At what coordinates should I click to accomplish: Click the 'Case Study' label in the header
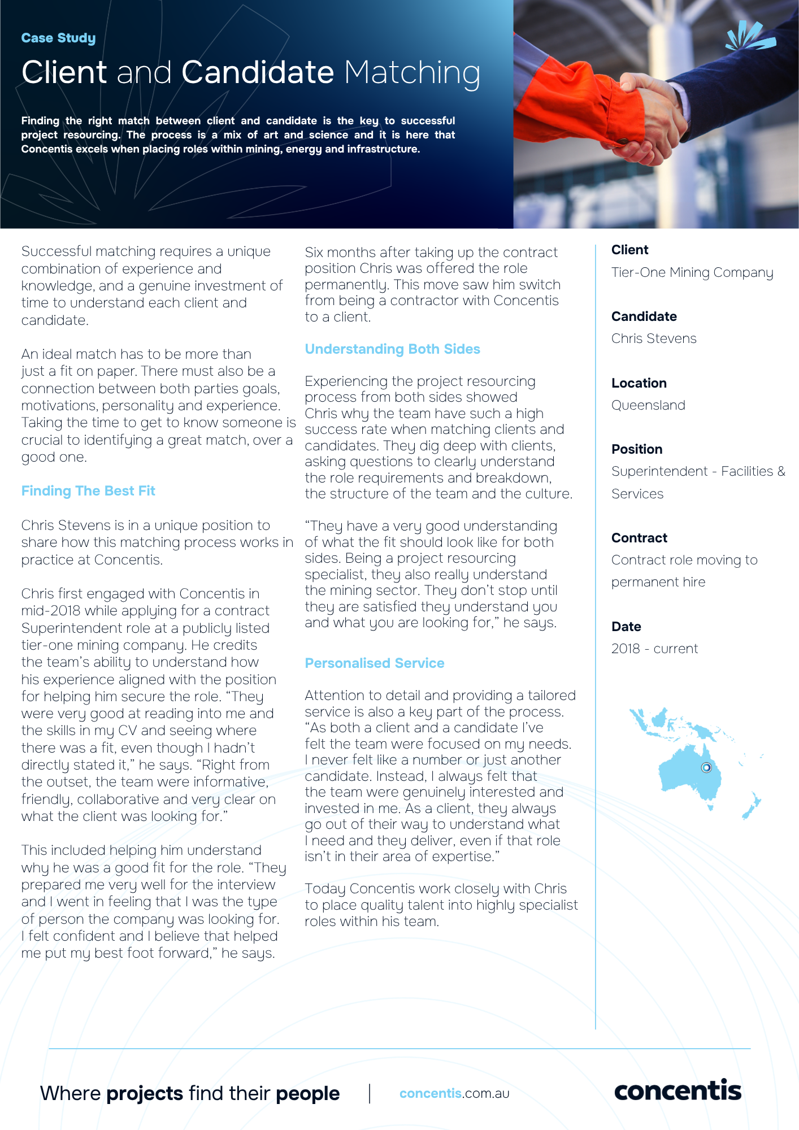click(58, 38)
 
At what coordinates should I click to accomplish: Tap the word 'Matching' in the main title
click(412, 73)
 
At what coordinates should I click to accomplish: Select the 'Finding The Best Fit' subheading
click(88, 491)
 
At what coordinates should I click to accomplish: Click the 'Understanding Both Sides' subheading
click(392, 349)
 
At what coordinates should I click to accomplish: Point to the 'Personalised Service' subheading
click(374, 663)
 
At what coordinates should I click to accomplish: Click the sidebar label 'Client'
click(629, 250)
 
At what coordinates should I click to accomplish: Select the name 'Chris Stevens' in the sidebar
click(654, 338)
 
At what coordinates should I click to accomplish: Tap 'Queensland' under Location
click(648, 405)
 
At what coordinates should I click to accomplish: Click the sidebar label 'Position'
click(637, 449)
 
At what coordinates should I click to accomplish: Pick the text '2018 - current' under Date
click(654, 649)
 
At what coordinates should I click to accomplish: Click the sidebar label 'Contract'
click(639, 538)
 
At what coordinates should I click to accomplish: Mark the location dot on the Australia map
click(706, 767)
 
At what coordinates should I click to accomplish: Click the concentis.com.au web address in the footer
click(454, 1093)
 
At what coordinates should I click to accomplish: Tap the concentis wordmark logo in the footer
click(677, 1091)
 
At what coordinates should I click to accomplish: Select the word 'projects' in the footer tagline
click(145, 1094)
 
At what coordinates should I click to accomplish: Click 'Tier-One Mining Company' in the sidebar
click(692, 272)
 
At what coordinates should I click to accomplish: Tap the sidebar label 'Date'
click(626, 627)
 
